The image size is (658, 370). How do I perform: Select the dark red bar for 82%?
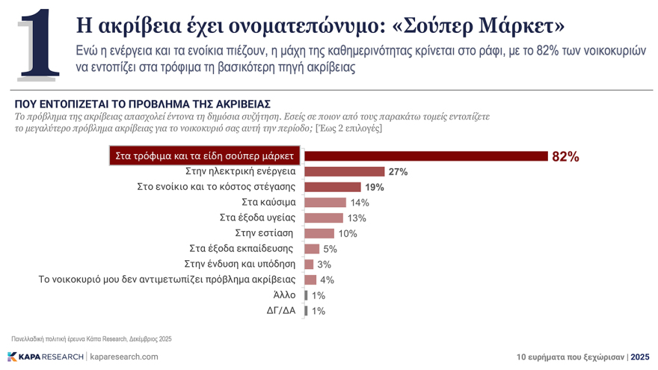[426, 155]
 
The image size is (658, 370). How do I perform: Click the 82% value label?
[565, 156]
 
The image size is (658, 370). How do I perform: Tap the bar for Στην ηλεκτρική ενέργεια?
[345, 171]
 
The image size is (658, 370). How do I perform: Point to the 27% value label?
[398, 172]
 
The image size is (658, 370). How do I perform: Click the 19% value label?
[375, 187]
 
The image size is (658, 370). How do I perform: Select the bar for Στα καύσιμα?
[326, 203]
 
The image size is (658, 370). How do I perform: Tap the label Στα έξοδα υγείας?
[257, 218]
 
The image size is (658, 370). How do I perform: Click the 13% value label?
[357, 218]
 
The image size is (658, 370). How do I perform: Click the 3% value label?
[325, 265]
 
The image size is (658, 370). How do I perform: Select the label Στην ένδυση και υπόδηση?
[239, 264]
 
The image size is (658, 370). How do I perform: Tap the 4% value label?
[328, 280]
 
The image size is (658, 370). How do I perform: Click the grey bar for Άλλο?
[307, 295]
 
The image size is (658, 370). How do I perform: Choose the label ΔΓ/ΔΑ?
[281, 310]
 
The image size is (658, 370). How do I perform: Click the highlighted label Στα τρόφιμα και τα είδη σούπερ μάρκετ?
[206, 155]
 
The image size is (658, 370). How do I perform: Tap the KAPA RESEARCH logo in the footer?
[46, 357]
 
